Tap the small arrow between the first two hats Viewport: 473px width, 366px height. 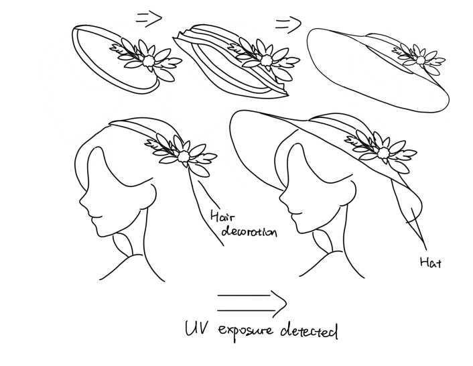[x=149, y=19]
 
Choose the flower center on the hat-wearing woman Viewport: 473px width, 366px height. [x=383, y=153]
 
